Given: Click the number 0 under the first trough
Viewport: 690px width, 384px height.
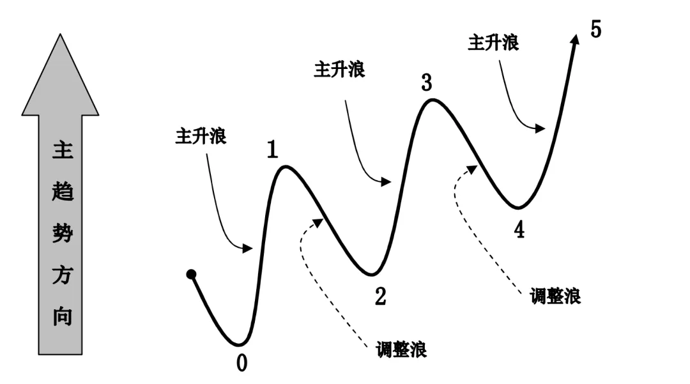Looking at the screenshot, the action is (241, 363).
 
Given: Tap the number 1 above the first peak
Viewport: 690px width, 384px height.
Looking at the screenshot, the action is (273, 149).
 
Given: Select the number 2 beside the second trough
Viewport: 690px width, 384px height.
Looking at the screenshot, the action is (381, 296).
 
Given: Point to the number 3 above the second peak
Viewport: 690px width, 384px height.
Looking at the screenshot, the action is (427, 83).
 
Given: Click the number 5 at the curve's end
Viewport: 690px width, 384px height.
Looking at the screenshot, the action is (595, 30).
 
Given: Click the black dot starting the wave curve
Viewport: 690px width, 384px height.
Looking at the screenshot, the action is (191, 275).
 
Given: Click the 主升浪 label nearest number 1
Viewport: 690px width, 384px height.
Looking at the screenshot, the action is (201, 137).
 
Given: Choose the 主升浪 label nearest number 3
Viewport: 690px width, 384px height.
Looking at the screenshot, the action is (339, 70).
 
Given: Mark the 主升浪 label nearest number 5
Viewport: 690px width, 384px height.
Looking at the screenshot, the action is (493, 43).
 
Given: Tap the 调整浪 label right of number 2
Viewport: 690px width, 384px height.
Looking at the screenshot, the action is (402, 350).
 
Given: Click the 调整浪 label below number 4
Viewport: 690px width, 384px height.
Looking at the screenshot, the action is (555, 296).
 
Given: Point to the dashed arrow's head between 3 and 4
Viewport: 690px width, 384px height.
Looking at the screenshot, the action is (472, 168).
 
